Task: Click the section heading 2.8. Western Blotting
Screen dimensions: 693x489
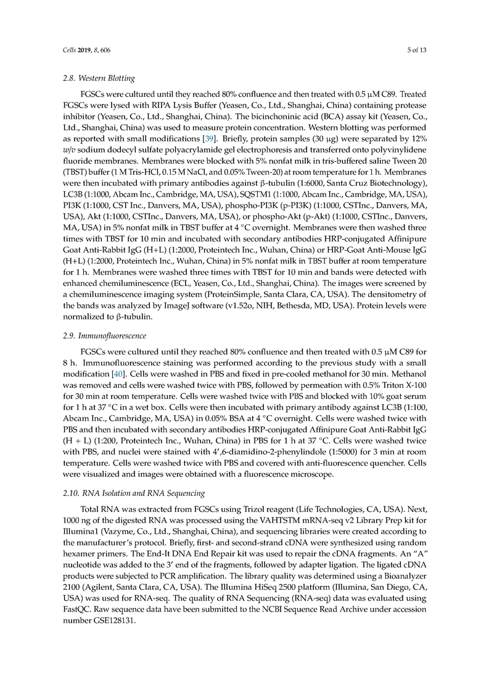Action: tap(99, 78)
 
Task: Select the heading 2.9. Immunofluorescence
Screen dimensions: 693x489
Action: tap(104, 336)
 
